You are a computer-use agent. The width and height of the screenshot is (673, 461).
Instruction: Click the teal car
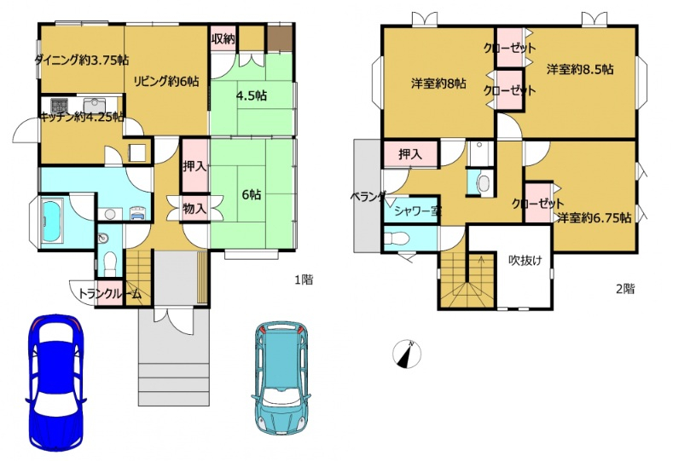coord(281,377)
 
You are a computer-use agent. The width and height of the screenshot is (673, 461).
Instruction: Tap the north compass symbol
coord(407,354)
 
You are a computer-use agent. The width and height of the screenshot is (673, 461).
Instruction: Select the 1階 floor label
coord(304,280)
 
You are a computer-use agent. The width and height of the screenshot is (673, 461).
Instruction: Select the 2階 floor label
coord(625,289)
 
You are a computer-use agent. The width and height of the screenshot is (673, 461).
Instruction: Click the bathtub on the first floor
coord(52,223)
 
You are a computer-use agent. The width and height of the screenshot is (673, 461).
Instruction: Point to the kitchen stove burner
coord(59,106)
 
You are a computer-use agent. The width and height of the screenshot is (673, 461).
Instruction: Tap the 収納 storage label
coord(223,38)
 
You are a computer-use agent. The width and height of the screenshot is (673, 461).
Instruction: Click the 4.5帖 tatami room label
coord(252,95)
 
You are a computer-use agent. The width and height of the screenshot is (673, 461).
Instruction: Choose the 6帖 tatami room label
coord(251,194)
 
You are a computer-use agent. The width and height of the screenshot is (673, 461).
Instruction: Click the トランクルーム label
coord(109,294)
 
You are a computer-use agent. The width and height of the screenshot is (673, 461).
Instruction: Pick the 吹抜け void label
coord(525,260)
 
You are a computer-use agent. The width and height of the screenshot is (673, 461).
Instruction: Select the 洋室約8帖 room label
coord(438,84)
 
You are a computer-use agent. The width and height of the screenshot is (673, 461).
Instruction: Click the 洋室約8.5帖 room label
coord(580,69)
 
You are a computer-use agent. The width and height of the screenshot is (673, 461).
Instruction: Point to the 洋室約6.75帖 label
coord(595,218)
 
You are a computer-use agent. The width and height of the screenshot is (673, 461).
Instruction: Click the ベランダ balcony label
coord(368,197)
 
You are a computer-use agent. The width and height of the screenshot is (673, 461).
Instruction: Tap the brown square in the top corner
coord(280,39)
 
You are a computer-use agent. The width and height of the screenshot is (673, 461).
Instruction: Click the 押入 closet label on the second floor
coord(410,153)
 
